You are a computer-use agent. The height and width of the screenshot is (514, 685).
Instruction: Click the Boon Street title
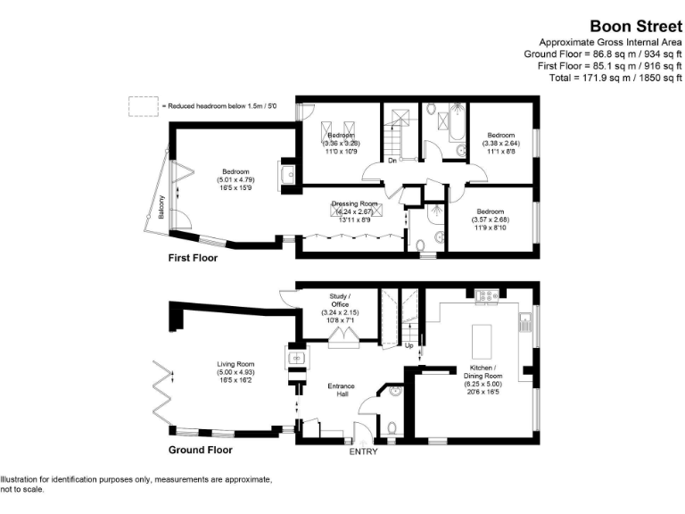pyautogui.click(x=632, y=27)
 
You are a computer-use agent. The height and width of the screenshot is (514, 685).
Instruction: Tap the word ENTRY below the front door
pyautogui.click(x=363, y=452)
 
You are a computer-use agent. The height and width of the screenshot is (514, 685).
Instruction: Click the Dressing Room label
pyautogui.click(x=355, y=203)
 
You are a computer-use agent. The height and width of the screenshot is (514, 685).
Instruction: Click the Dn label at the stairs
pyautogui.click(x=392, y=162)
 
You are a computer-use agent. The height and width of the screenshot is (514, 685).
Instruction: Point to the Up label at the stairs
pyautogui.click(x=409, y=345)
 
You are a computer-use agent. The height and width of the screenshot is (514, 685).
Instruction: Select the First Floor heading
pyautogui.click(x=193, y=258)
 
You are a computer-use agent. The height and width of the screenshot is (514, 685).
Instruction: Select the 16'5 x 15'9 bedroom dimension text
pyautogui.click(x=236, y=187)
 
